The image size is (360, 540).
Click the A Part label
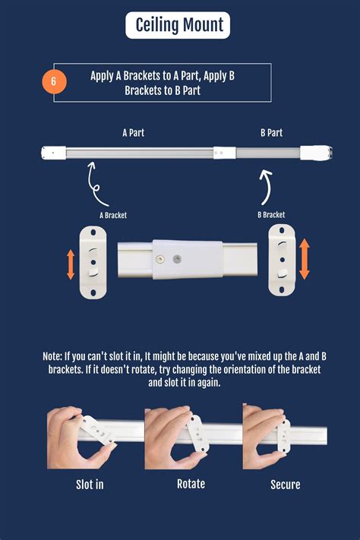(x=133, y=132)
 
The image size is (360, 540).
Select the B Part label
(x=271, y=132)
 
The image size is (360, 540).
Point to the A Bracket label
(x=113, y=215)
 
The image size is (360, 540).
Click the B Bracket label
(x=271, y=215)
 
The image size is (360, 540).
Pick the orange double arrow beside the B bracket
(x=304, y=259)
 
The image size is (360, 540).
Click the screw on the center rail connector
(x=160, y=259)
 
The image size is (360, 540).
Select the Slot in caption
(x=90, y=484)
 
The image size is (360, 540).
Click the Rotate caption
(x=191, y=483)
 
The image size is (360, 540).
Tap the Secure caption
(x=286, y=484)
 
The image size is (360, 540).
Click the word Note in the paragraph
(x=53, y=356)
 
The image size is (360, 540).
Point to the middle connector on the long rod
(x=219, y=153)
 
